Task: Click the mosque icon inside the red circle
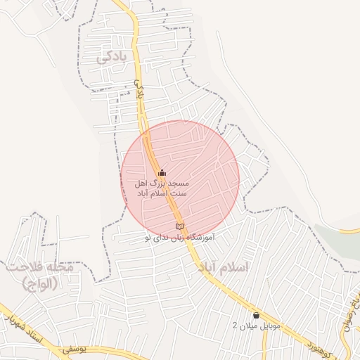pyautogui.click(x=162, y=173)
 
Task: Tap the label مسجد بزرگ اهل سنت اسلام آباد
pyautogui.click(x=162, y=188)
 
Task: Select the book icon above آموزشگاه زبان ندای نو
pyautogui.click(x=179, y=226)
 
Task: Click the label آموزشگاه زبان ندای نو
pyautogui.click(x=179, y=238)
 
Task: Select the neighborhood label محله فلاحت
pyautogui.click(x=39, y=268)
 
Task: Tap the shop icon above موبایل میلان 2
pyautogui.click(x=256, y=315)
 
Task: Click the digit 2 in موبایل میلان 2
pyautogui.click(x=236, y=326)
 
